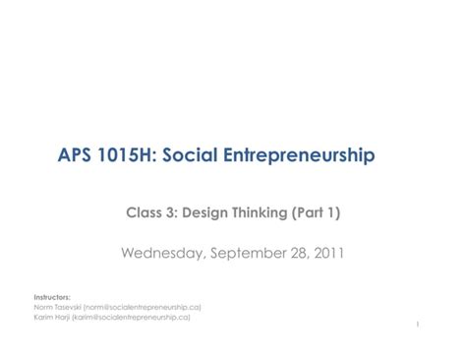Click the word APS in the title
[76, 155]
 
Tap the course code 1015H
[130, 155]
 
